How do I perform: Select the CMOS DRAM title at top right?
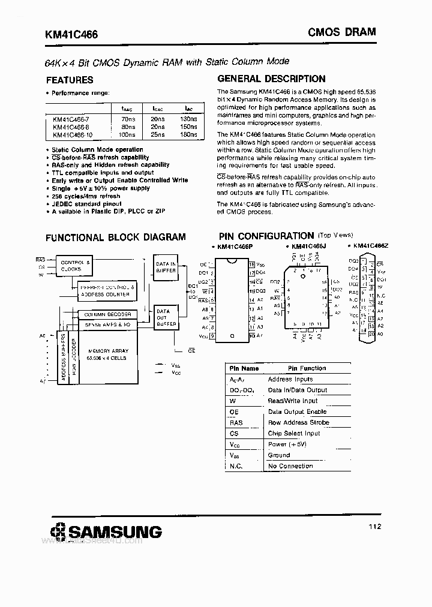342,32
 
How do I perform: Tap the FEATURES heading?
70,80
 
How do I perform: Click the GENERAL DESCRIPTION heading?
271,79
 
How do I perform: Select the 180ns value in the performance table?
188,134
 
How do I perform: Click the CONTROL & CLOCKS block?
76,265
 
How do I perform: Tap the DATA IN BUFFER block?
166,267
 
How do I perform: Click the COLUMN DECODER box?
107,314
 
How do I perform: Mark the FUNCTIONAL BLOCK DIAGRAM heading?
116,237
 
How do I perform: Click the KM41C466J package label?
308,247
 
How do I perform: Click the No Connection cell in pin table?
290,466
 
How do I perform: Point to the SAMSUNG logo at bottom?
106,531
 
